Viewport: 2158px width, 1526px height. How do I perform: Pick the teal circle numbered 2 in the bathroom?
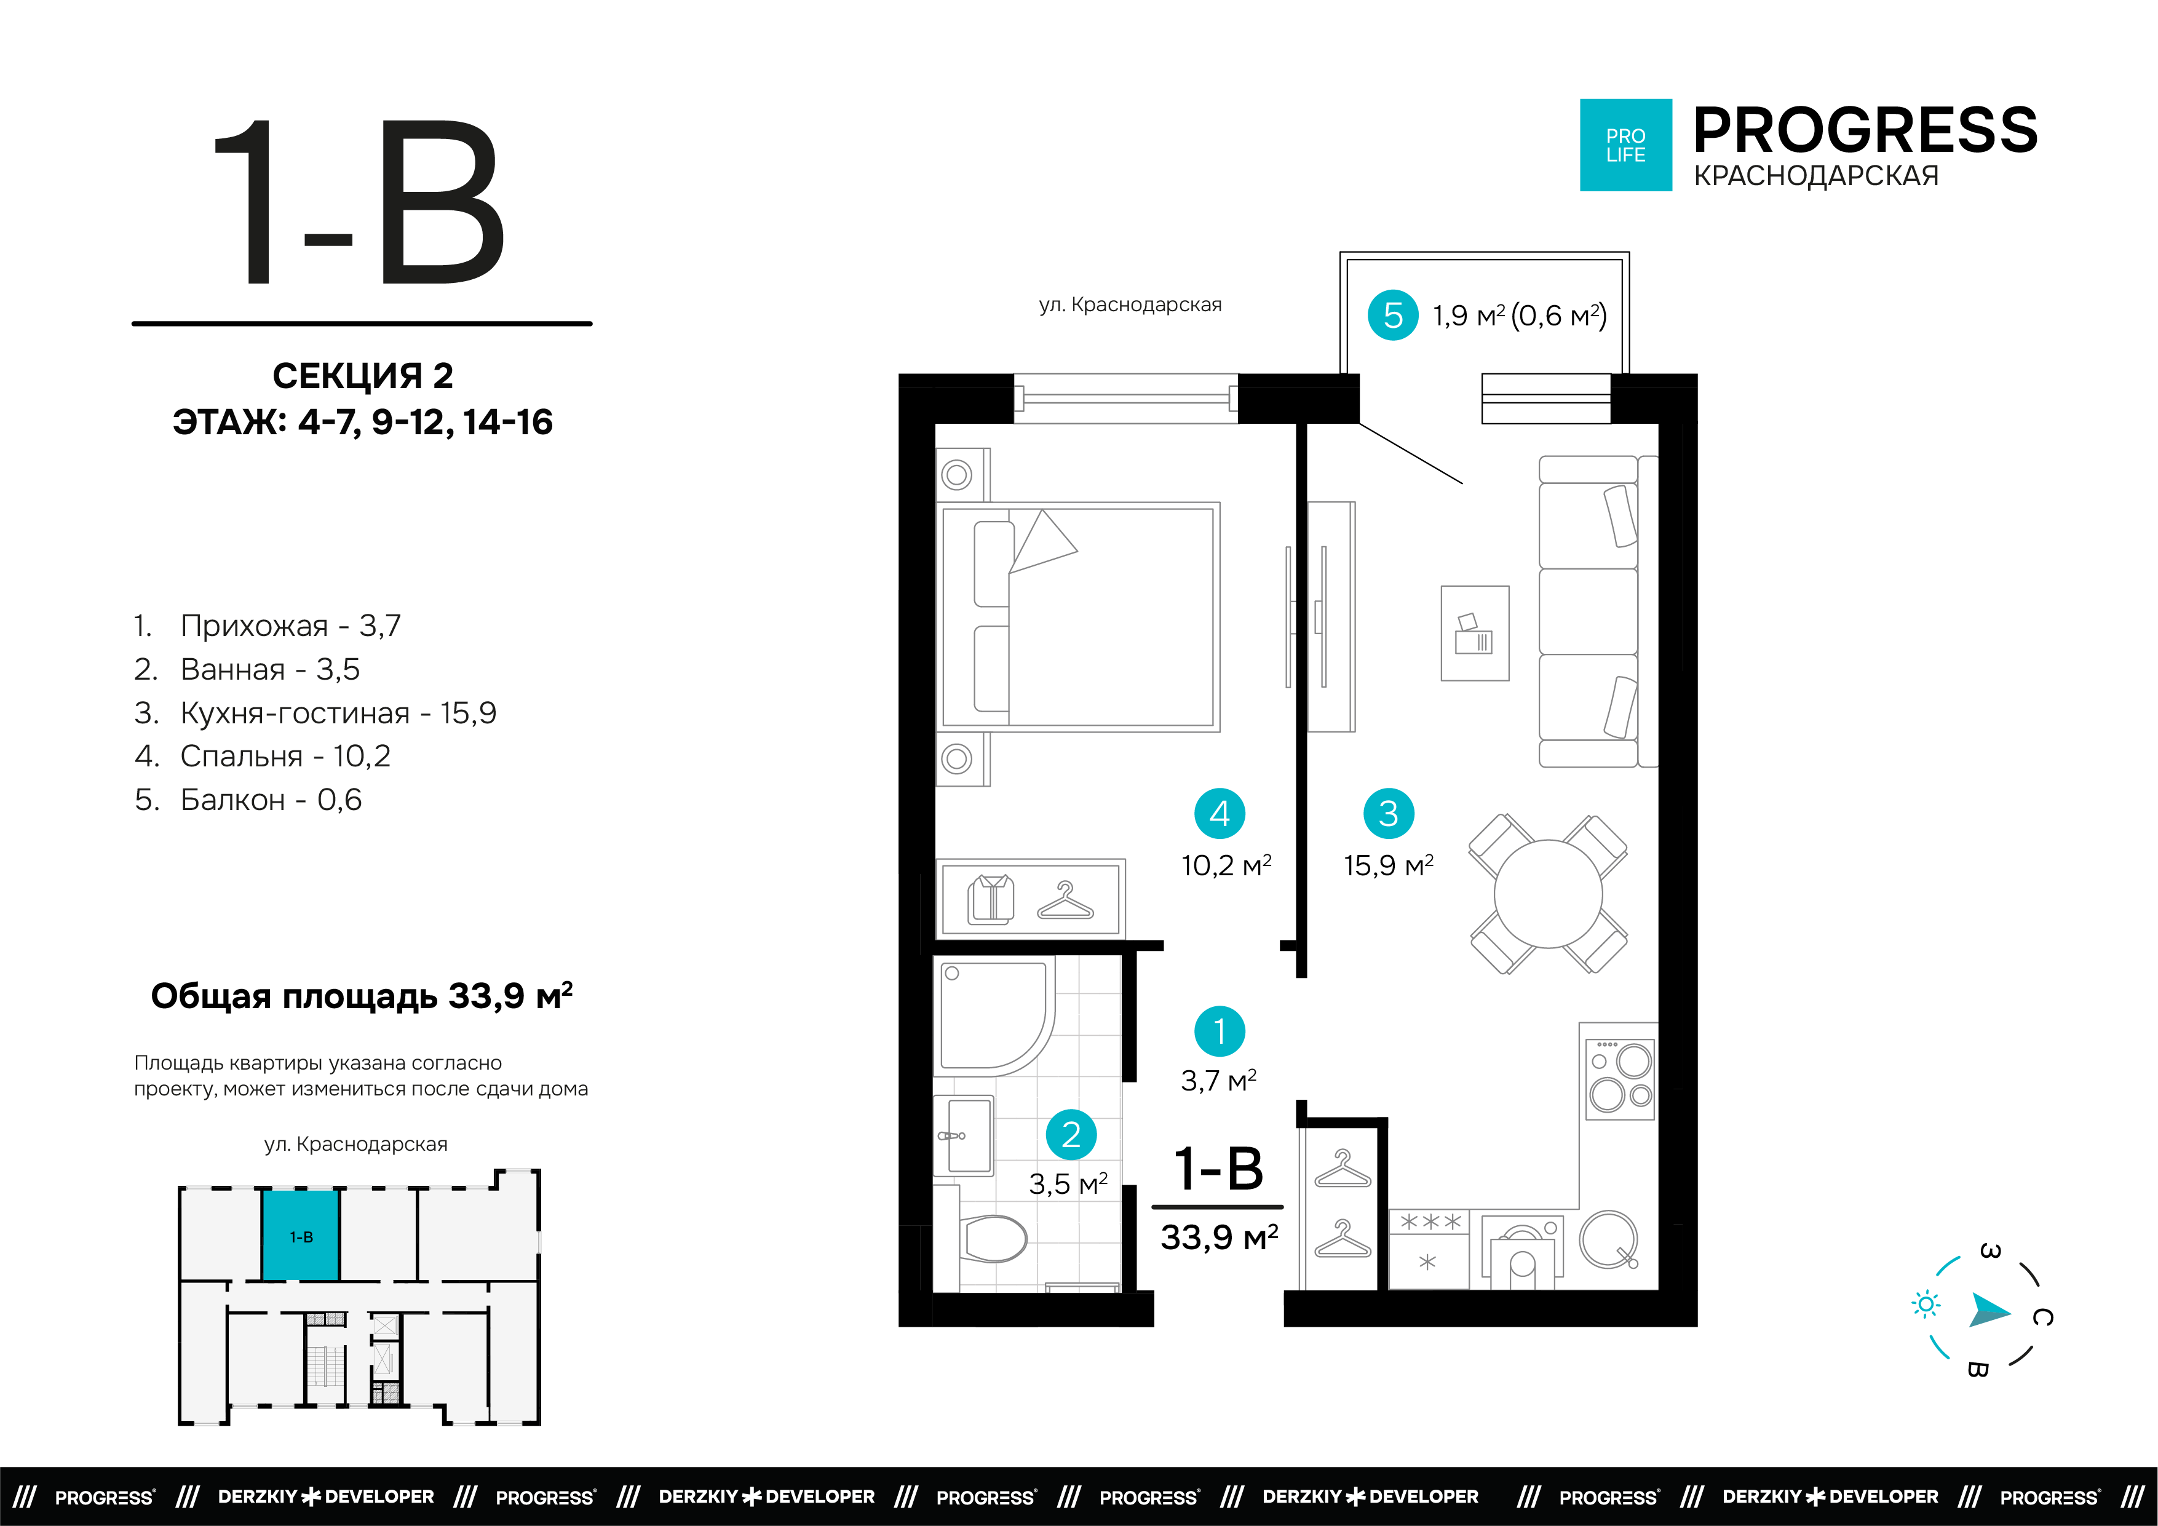coord(1071,1135)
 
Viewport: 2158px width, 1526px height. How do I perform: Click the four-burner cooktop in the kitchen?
coord(1619,1078)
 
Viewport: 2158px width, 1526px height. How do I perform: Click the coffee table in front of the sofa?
coord(1475,633)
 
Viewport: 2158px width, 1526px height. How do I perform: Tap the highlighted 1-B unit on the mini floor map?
coord(301,1236)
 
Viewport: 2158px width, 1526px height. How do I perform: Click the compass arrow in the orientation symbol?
coord(1989,1309)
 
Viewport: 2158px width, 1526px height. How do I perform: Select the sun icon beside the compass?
coord(1926,1304)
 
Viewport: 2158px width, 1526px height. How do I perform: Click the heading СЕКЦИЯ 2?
coord(363,376)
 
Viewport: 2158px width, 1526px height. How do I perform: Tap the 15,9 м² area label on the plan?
coord(1388,865)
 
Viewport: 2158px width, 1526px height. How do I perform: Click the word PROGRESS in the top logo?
coord(1865,130)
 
